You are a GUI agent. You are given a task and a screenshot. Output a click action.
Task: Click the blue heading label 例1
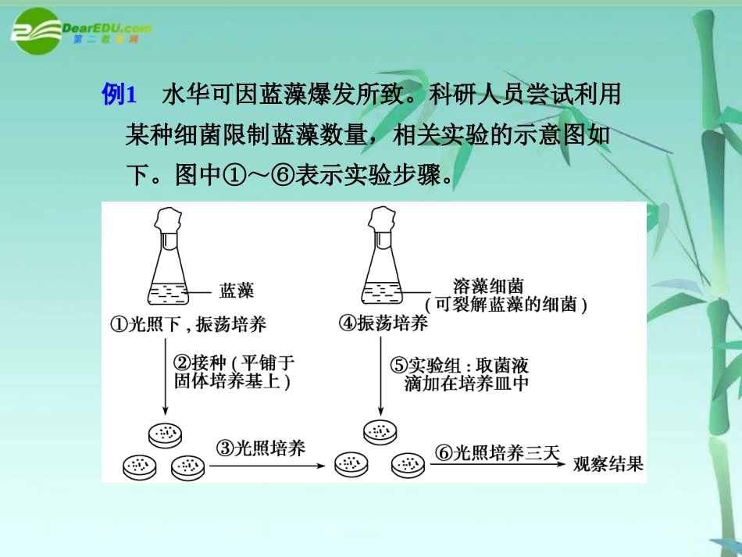pos(120,95)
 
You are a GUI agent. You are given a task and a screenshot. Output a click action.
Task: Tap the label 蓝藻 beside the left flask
pos(237,291)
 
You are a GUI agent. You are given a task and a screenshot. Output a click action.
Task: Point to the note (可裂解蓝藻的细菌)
pos(505,305)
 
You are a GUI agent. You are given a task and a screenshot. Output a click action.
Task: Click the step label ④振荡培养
pos(383,325)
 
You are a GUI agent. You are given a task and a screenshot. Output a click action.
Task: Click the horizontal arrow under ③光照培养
pos(266,466)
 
